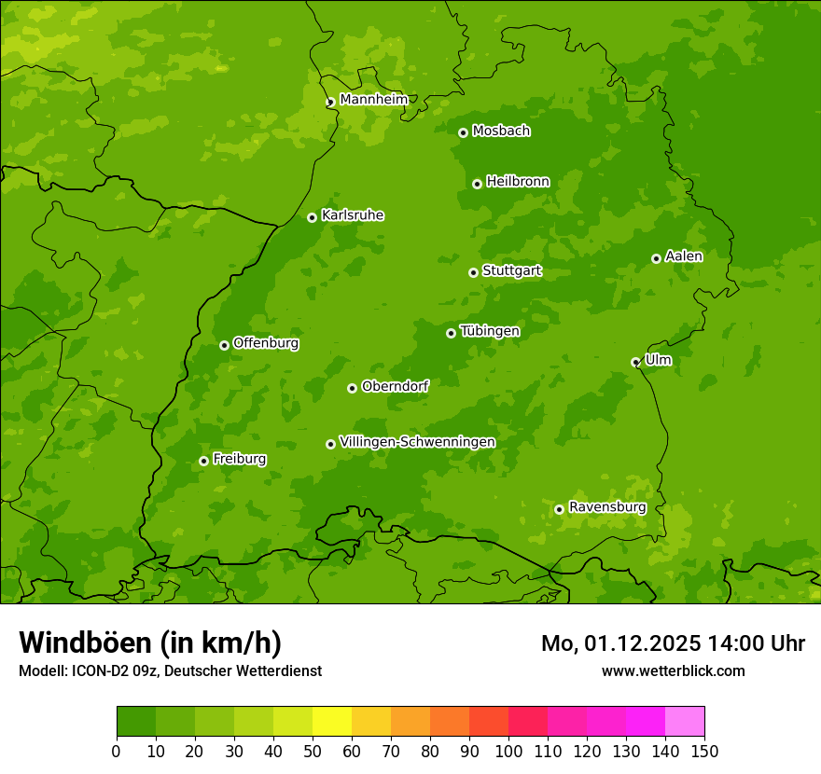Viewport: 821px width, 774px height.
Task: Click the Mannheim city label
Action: pos(373,100)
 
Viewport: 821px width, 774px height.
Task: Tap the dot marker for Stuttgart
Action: pos(473,272)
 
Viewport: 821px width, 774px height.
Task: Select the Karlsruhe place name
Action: pos(353,215)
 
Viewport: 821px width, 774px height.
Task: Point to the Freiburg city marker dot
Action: pos(203,461)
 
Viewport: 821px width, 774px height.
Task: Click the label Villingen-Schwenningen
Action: pos(417,442)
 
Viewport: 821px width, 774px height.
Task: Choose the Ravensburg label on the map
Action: pos(607,507)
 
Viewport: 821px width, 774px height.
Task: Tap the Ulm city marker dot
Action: pos(635,362)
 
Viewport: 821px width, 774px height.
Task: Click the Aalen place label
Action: pos(684,256)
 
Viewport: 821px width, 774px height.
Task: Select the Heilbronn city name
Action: pos(518,182)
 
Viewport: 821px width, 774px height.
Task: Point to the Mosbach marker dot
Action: pos(463,132)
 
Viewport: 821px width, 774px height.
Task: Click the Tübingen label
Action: pos(490,331)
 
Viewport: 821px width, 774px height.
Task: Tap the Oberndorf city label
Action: pos(395,386)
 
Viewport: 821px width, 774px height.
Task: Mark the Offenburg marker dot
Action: pos(224,345)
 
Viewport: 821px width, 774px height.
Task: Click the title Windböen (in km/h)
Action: pos(150,643)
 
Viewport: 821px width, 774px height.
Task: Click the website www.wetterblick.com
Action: pos(673,670)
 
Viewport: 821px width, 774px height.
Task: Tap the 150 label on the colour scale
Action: pos(703,751)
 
